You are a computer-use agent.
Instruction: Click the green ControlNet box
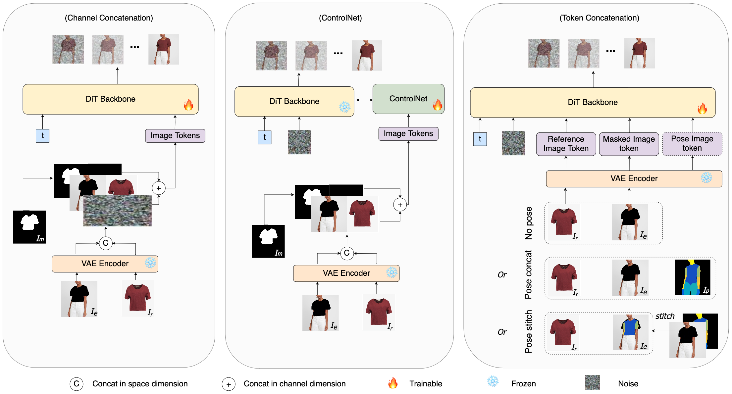click(x=408, y=99)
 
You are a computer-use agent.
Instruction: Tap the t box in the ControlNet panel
click(x=264, y=137)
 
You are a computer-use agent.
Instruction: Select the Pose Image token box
click(x=692, y=144)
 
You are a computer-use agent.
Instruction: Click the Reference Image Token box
click(x=566, y=144)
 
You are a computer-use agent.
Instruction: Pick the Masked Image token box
click(x=629, y=144)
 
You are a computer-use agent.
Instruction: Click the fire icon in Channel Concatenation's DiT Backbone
click(x=188, y=105)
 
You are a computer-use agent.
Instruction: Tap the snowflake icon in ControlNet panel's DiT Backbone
click(x=344, y=107)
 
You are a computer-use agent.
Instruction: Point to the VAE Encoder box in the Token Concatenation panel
click(x=634, y=178)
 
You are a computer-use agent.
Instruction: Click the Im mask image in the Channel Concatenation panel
click(x=29, y=227)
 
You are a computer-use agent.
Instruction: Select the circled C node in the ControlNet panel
click(x=347, y=253)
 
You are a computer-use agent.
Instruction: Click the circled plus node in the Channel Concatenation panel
click(x=159, y=188)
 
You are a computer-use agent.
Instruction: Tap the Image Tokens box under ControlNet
click(x=408, y=133)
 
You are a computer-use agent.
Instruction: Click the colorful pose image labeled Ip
click(x=692, y=277)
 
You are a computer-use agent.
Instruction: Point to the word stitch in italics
click(x=665, y=316)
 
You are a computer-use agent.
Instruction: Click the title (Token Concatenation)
click(x=599, y=18)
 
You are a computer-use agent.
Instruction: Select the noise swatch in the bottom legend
click(x=592, y=382)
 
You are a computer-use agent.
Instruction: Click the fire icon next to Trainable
click(x=393, y=383)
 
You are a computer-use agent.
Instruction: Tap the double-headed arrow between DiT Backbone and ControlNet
click(x=364, y=100)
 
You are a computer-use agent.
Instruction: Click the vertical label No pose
click(x=529, y=223)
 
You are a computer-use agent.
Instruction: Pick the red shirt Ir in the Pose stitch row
click(x=563, y=333)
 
